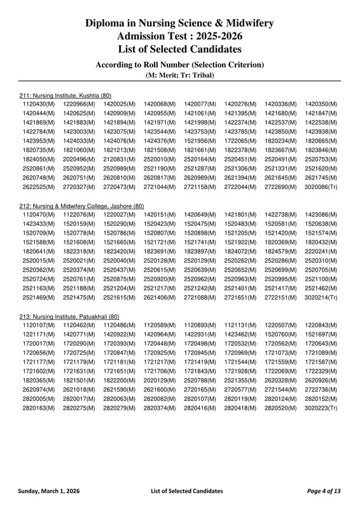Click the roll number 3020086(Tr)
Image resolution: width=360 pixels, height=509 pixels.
321,188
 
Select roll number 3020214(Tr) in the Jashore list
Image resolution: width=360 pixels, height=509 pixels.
321,297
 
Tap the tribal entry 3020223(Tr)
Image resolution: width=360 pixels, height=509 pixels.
321,407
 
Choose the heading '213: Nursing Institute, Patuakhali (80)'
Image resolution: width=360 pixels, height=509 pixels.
69,316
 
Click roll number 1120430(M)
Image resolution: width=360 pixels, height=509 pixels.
39,104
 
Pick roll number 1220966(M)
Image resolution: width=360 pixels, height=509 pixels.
79,104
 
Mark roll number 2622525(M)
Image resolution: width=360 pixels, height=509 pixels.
39,188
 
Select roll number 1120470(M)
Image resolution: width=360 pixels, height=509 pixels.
39,214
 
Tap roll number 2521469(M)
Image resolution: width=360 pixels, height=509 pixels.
39,297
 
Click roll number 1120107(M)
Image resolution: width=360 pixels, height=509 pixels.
39,324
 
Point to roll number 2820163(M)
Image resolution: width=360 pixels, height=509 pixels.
39,407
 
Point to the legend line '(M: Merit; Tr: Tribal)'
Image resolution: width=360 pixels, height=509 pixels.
179,75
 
